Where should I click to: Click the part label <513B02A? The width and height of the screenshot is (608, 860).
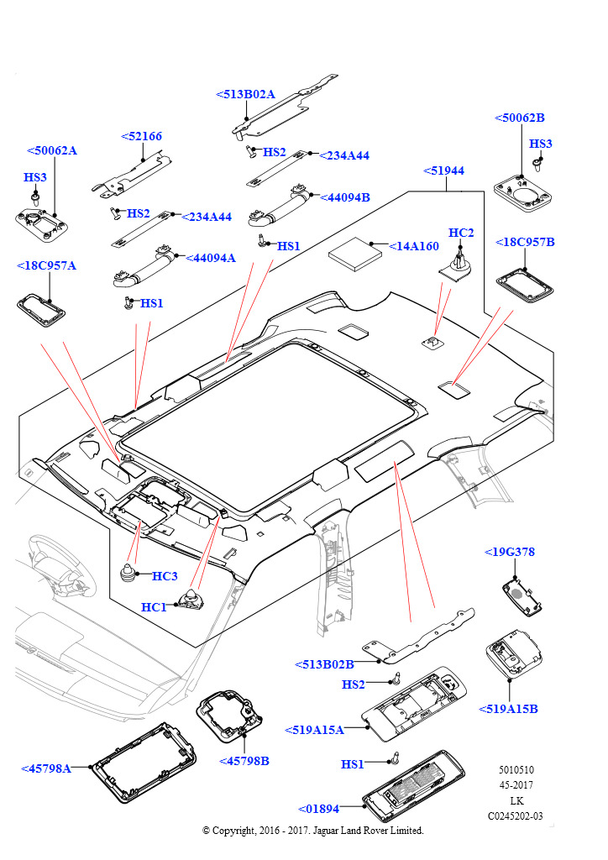[245, 95]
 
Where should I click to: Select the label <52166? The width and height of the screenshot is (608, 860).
[142, 136]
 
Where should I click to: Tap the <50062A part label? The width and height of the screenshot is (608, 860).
[52, 151]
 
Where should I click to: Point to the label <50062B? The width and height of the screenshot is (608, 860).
[519, 118]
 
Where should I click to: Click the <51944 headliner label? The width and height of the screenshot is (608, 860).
[443, 170]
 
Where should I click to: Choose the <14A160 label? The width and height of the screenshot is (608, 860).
[414, 246]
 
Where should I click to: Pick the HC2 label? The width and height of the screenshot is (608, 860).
[461, 233]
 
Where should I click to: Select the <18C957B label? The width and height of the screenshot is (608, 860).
[526, 242]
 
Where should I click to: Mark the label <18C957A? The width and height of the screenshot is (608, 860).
[46, 265]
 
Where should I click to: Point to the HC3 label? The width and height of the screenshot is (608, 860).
[165, 576]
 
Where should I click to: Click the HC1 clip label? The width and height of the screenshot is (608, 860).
[154, 607]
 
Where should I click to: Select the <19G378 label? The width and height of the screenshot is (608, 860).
[509, 552]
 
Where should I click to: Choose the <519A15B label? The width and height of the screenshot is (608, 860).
[508, 709]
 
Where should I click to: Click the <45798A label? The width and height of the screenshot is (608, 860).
[46, 768]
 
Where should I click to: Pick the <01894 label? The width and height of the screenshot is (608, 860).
[318, 809]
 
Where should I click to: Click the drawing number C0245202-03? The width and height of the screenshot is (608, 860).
[516, 815]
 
